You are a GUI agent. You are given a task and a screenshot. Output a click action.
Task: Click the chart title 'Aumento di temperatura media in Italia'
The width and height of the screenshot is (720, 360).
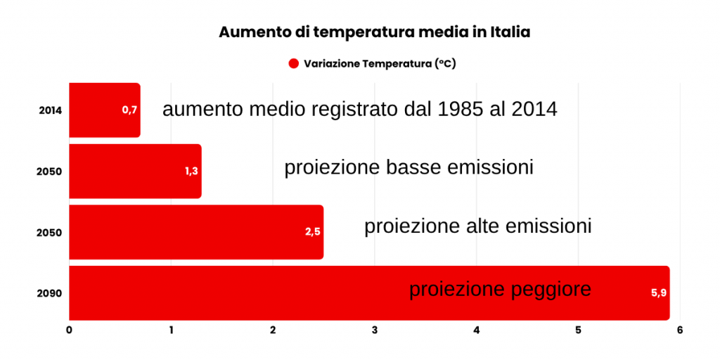point(374,32)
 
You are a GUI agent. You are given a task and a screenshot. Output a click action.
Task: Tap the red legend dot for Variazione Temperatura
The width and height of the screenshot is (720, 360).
point(294,64)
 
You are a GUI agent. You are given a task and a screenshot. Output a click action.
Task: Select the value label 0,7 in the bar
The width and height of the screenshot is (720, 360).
point(129,110)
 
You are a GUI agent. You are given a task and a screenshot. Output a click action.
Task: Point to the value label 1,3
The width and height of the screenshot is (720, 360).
point(191,172)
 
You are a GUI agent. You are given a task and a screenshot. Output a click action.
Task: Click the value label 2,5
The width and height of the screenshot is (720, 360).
point(313,232)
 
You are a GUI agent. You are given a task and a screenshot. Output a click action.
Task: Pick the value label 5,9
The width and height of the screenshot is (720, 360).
point(658,293)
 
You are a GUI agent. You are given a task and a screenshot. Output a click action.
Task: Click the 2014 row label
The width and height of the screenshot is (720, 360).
point(50,110)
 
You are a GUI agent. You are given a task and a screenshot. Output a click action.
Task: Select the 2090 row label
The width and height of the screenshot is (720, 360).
point(49,293)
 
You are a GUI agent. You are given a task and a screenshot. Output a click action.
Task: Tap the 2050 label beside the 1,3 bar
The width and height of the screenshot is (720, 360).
point(49,172)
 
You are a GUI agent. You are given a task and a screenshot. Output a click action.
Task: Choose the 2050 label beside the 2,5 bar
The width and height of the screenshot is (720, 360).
point(49,232)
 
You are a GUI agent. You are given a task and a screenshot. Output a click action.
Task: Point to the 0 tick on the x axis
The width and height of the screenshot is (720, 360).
point(69,330)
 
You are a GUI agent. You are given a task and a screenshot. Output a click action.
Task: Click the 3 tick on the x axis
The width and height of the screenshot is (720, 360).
point(375,330)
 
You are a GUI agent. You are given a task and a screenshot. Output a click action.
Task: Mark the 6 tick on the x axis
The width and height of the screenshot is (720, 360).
point(680,330)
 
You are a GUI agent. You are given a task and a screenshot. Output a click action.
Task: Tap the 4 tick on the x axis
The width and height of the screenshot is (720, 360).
point(477,330)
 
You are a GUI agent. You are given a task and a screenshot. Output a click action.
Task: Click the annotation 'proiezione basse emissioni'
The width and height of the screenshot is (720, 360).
point(409,167)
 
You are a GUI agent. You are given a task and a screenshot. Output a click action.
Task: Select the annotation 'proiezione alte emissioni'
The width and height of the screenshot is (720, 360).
point(478,227)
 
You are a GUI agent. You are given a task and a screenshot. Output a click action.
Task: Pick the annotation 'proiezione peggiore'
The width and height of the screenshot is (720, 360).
point(500,290)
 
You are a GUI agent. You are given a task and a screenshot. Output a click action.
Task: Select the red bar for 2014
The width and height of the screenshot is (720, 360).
point(105,110)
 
